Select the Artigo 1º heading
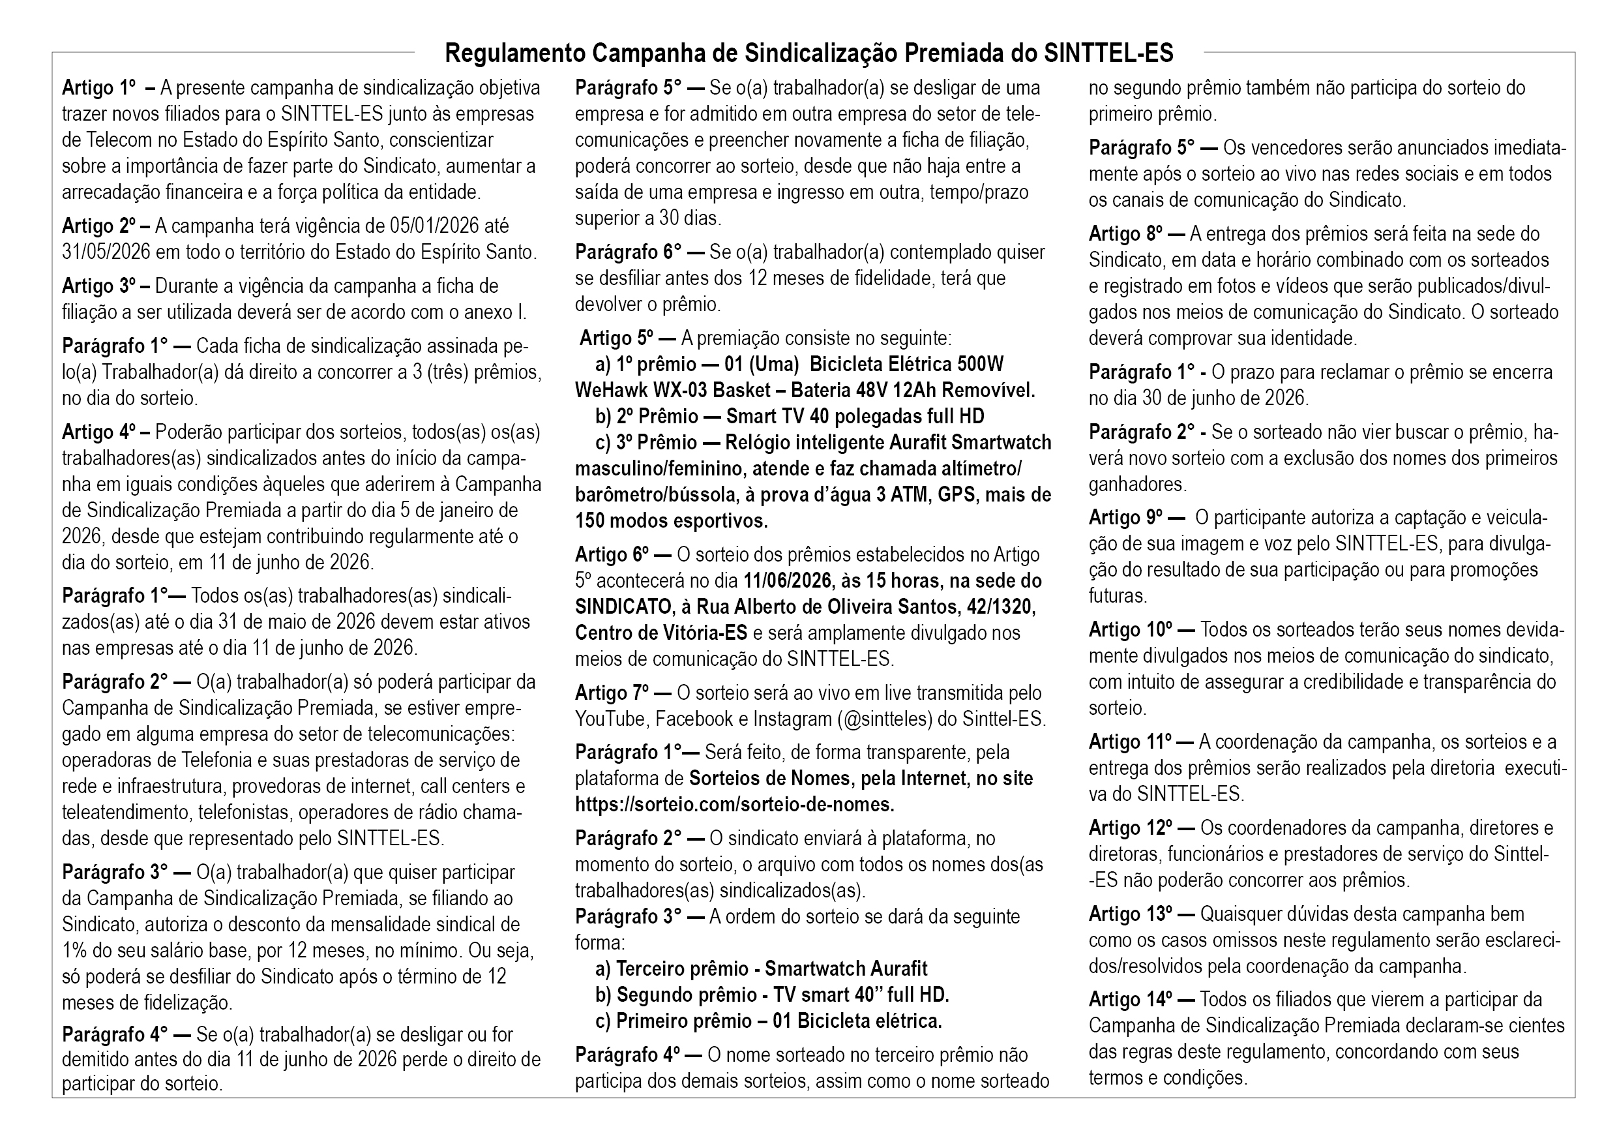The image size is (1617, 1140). (x=98, y=88)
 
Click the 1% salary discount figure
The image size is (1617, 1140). (x=74, y=951)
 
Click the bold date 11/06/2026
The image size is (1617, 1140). (x=788, y=581)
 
